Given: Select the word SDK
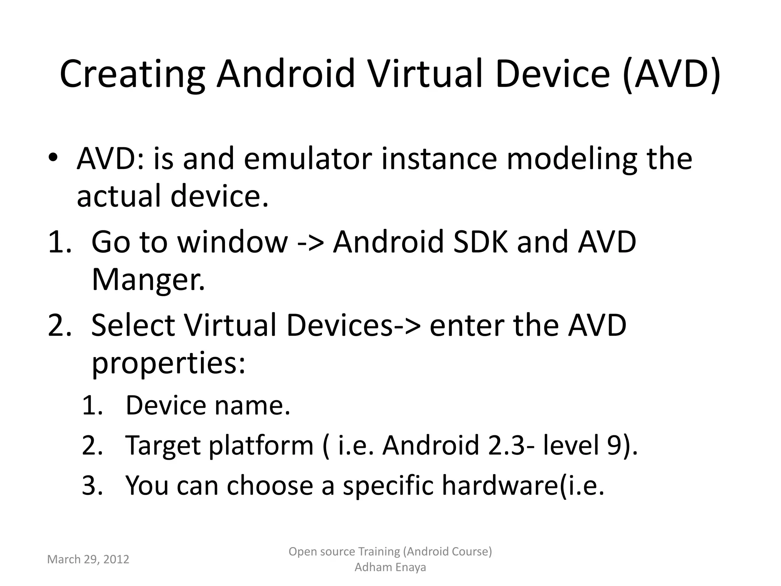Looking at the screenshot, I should click(480, 242).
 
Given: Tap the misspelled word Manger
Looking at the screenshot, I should click(148, 280).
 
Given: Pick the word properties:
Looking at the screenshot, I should click(168, 363).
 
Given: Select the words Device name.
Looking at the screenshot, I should click(208, 405).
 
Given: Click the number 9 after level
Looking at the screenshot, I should click(614, 445).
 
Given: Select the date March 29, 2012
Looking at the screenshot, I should click(88, 559).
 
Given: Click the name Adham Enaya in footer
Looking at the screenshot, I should click(390, 567).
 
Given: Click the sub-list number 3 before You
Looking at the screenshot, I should click(92, 486).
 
